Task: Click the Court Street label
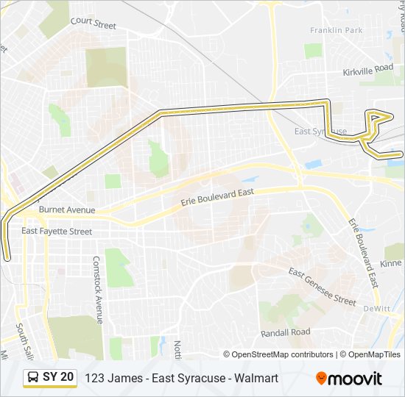click(94, 23)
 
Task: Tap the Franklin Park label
click(337, 30)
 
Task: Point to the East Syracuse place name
click(320, 131)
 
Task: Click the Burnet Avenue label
click(67, 210)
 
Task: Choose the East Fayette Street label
click(57, 232)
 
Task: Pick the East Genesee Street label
click(322, 287)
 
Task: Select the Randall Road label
click(285, 332)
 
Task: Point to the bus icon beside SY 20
click(33, 377)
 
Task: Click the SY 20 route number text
click(58, 377)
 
